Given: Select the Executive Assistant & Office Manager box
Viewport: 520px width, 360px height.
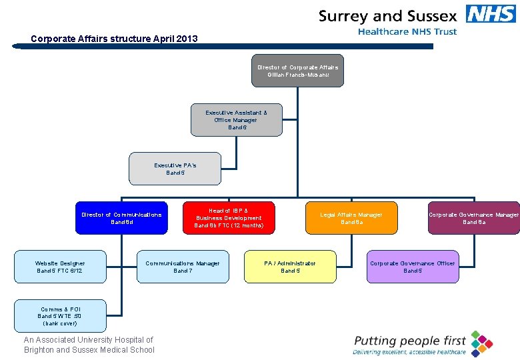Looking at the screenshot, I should click(236, 120).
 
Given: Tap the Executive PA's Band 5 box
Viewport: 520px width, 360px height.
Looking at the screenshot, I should click(175, 169).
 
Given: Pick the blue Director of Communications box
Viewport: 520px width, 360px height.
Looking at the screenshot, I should click(121, 218).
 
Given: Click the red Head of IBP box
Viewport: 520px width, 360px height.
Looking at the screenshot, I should click(229, 218).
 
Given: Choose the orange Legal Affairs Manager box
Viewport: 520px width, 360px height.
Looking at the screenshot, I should click(351, 218).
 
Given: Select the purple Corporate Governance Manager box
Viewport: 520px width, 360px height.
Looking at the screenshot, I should click(473, 218).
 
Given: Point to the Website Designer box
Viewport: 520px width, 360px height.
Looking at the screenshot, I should click(60, 267).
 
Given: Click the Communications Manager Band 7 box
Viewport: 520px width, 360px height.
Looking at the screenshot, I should click(182, 267).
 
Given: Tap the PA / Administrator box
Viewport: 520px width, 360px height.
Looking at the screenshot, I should click(290, 267).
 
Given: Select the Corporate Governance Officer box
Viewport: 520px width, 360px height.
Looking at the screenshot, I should click(413, 267).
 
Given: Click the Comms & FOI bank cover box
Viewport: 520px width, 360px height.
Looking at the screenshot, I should click(60, 316).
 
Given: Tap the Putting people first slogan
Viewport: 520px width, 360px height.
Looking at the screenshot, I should click(409, 341).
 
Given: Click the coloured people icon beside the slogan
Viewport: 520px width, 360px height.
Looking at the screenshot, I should click(481, 343).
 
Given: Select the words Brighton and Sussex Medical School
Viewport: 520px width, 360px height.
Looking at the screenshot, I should click(89, 350).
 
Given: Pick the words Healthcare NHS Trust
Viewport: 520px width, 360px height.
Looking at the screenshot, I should click(407, 32).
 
